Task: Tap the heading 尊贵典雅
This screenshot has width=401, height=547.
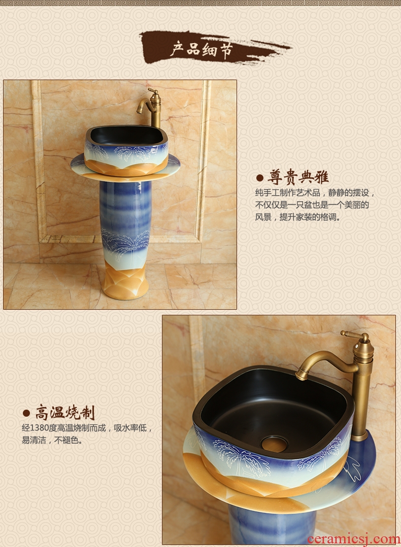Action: coord(298,177)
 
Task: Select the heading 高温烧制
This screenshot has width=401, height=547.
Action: coord(65,413)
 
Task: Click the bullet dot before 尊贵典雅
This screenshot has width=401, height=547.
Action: coord(259,178)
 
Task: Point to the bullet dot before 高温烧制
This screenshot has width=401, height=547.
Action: coord(26,413)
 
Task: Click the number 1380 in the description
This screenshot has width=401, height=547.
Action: coord(39,428)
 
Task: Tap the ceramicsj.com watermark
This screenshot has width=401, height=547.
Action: coord(353,540)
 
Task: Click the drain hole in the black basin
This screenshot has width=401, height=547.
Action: coord(274,444)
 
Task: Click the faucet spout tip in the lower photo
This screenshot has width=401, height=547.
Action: coord(299,376)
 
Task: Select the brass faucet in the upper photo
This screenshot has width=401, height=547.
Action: coord(151,107)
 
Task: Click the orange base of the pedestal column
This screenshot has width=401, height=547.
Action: coord(125,282)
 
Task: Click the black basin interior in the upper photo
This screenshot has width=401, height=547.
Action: coord(126,135)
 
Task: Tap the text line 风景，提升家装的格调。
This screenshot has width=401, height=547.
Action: coord(298,217)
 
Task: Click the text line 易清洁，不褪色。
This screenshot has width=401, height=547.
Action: coord(53,440)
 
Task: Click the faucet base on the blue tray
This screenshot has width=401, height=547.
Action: coord(360,436)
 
